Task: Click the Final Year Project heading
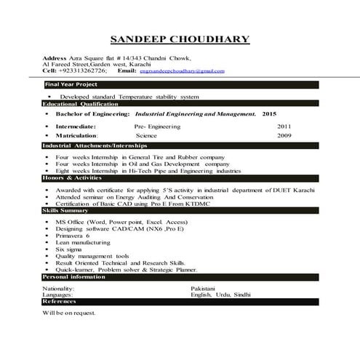coord(72,85)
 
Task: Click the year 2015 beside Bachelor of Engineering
coord(269,115)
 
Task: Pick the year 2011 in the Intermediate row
coord(284,126)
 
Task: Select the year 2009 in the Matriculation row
coord(284,135)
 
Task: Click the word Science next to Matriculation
coord(146,135)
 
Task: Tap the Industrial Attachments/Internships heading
coord(95,146)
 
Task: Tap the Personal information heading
coord(75,277)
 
